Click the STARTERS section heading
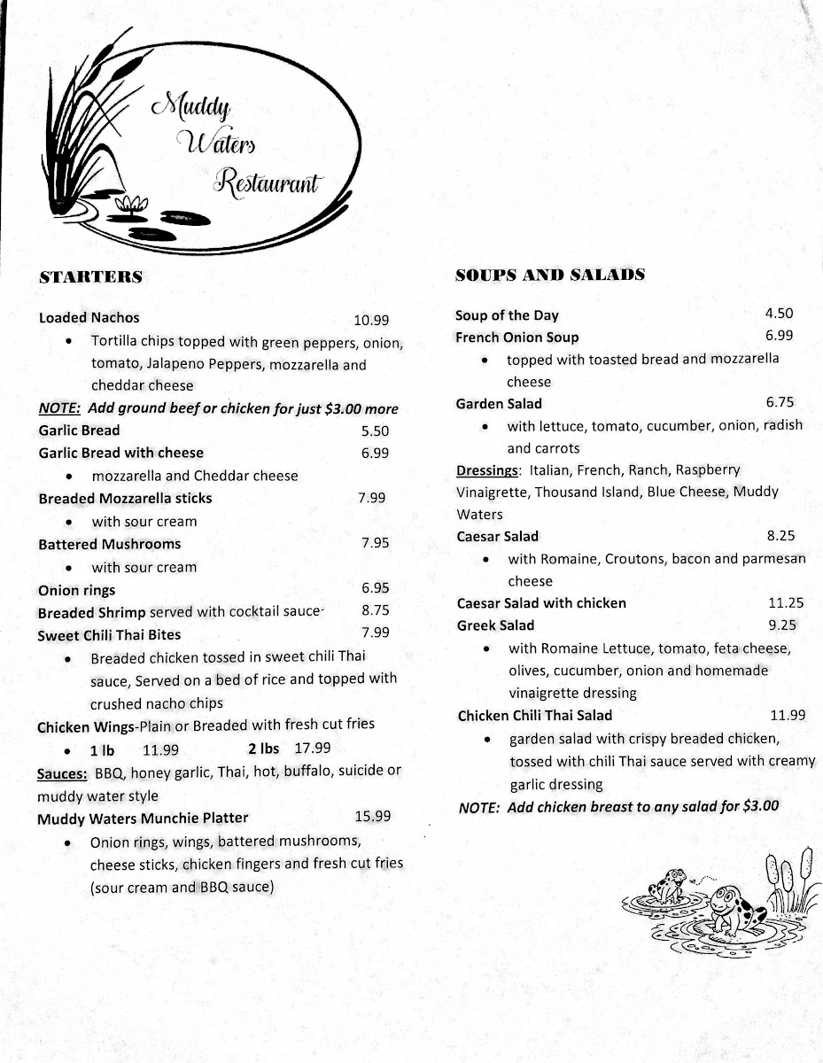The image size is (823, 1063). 90,277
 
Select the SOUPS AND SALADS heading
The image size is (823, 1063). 549,275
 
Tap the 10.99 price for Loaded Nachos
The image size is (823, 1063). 371,321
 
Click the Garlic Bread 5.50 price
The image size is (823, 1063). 375,431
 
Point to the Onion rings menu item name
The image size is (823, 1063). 76,590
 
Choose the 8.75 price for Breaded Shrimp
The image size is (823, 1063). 376,609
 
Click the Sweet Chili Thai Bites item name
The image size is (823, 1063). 109,634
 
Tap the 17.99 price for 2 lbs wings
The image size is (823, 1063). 313,748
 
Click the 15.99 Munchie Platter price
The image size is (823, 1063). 372,817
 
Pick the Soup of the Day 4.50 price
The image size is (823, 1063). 779,313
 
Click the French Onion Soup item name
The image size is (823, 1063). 516,338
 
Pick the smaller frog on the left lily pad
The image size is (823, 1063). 666,883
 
